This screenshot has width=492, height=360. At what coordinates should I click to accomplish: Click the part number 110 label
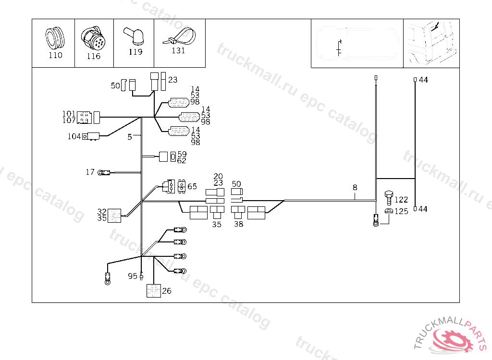(x=55, y=55)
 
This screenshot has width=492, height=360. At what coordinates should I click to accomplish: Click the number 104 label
(x=74, y=137)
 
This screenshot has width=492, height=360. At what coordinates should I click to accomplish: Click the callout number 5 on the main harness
(x=129, y=137)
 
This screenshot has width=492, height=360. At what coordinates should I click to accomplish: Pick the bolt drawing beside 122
(x=389, y=197)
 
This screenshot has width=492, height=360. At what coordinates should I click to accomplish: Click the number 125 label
(x=401, y=211)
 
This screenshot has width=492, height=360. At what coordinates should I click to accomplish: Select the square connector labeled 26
(x=153, y=291)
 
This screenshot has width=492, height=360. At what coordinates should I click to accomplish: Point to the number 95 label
(x=133, y=276)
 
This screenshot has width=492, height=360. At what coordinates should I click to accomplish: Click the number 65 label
(x=192, y=186)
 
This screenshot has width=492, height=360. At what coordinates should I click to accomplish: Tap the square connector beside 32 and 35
(x=114, y=216)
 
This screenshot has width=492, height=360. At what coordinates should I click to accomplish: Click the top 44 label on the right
(x=423, y=80)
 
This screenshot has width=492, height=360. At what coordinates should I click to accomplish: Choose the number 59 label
(x=182, y=154)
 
